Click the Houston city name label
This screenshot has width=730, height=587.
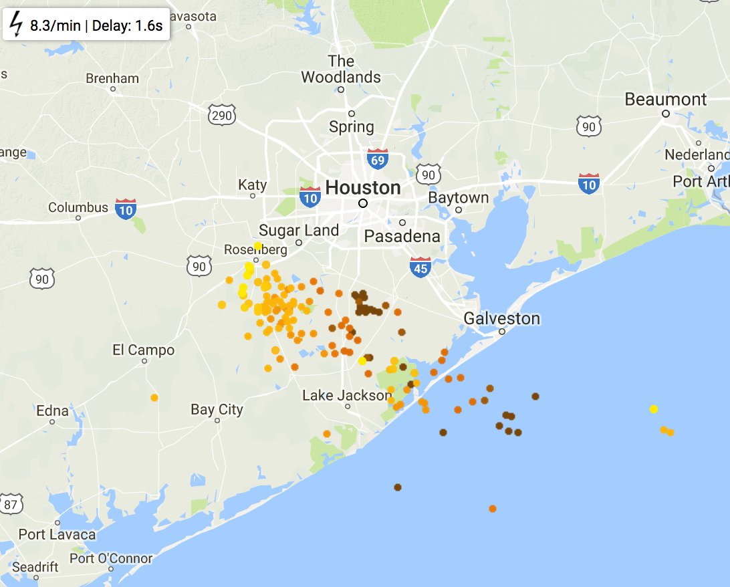(x=363, y=187)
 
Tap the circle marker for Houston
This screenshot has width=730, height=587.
(x=363, y=203)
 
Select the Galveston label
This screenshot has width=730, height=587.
(x=501, y=318)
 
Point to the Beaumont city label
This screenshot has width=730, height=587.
(x=665, y=100)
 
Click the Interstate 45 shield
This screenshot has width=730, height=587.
(x=420, y=266)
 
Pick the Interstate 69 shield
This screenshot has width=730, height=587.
(x=377, y=158)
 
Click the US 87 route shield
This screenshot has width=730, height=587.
(x=11, y=503)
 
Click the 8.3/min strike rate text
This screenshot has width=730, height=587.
(x=55, y=27)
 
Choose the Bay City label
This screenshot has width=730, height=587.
(x=217, y=409)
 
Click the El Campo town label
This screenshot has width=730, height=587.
(x=143, y=350)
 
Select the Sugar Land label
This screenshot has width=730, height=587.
(x=299, y=231)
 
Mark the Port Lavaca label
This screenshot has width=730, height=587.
(x=57, y=534)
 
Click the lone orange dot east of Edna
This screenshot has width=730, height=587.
(x=154, y=398)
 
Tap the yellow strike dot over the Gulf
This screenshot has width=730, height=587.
(x=653, y=409)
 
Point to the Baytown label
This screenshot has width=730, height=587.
(x=459, y=198)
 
